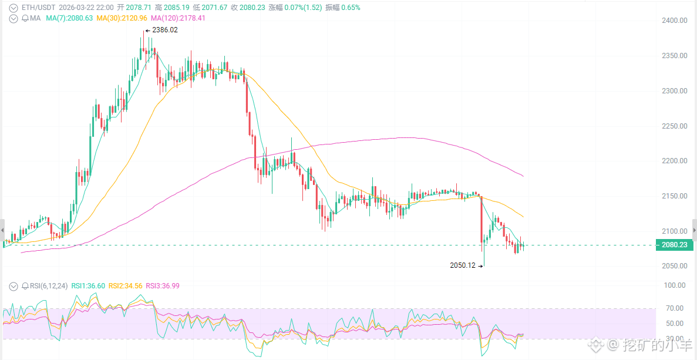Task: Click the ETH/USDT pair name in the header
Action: (38, 8)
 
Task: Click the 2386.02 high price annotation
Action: (164, 30)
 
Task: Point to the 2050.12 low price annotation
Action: (463, 265)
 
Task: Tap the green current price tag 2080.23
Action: (674, 245)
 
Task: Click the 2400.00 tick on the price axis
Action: (674, 21)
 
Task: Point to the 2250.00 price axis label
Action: (674, 126)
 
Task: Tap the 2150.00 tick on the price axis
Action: (674, 196)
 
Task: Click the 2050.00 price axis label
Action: (674, 266)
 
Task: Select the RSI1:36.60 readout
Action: (88, 286)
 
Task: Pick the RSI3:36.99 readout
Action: (163, 286)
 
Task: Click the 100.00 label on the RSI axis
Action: (674, 285)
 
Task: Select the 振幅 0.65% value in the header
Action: (343, 8)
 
